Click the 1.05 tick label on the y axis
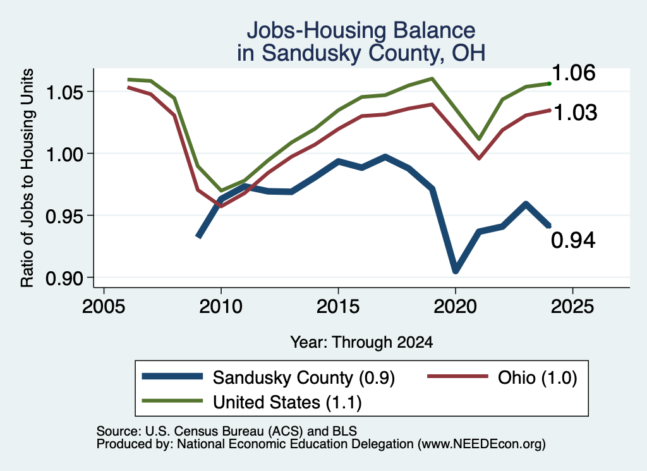64,92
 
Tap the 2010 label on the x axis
221,307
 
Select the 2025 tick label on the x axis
572,307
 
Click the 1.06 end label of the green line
574,73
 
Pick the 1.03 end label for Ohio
575,113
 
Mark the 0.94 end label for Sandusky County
574,240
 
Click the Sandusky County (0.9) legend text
304,377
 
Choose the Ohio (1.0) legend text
537,377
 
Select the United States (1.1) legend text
287,402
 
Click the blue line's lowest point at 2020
456,271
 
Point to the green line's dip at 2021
479,138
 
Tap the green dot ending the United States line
549,83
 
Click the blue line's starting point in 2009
198,236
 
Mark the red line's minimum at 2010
221,205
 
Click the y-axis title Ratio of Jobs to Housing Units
27,178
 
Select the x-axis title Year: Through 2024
362,342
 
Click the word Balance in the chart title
433,30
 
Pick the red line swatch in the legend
457,376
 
